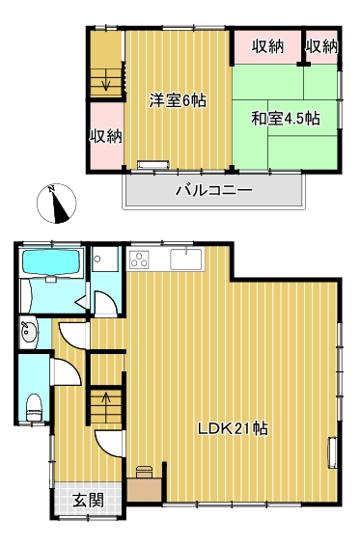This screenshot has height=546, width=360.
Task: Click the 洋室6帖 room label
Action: tap(176, 99)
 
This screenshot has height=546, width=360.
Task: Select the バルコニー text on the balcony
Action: tap(213, 190)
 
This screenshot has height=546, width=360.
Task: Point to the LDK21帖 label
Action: tap(233, 429)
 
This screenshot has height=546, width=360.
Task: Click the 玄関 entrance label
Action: tap(88, 500)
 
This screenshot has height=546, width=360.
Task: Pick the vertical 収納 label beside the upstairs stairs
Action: tap(105, 136)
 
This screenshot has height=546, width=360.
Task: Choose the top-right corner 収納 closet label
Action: tap(321, 45)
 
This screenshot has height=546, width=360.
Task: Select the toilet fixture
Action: tap(35, 406)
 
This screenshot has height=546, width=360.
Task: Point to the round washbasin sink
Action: tap(29, 334)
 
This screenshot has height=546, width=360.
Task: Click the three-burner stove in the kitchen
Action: tap(139, 259)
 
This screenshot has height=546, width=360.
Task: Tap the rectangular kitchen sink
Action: tap(185, 259)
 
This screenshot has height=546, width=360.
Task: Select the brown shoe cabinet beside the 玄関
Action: tap(144, 485)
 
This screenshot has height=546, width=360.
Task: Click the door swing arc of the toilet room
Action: tap(65, 372)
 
